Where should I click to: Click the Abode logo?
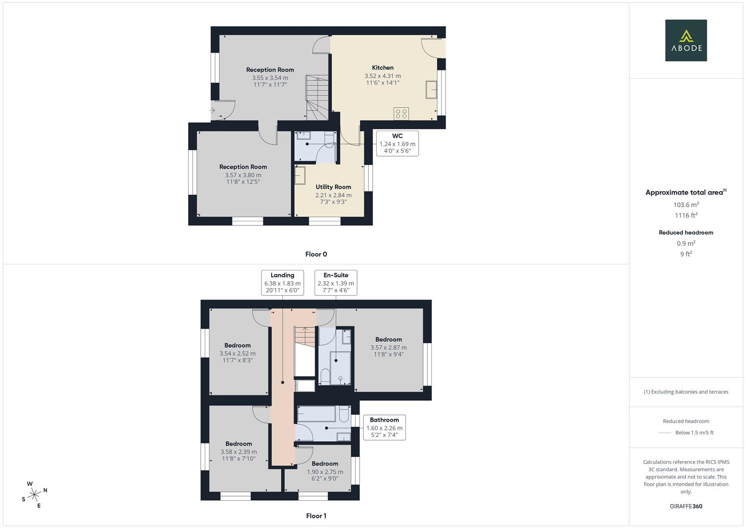686,41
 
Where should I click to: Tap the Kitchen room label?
383,68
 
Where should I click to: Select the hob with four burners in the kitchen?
401,113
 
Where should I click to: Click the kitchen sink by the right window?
431,90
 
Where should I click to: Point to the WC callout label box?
397,143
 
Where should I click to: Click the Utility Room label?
333,187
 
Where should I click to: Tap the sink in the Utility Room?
299,176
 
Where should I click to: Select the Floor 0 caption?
316,254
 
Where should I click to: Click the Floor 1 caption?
316,516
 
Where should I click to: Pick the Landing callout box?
282,283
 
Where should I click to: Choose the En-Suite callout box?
336,283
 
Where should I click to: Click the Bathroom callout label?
384,427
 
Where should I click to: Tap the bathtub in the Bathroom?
317,414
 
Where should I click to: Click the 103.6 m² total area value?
686,205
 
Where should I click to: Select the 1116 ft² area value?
686,216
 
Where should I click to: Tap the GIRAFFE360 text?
686,506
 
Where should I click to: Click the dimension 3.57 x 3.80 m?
243,175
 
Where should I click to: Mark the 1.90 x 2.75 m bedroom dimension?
325,472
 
